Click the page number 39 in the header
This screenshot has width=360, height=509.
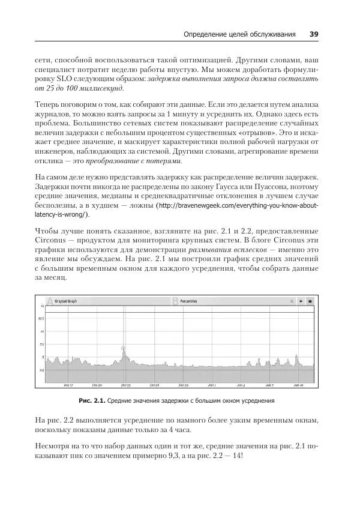(314, 34)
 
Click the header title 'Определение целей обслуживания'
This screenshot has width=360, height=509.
(239, 34)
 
